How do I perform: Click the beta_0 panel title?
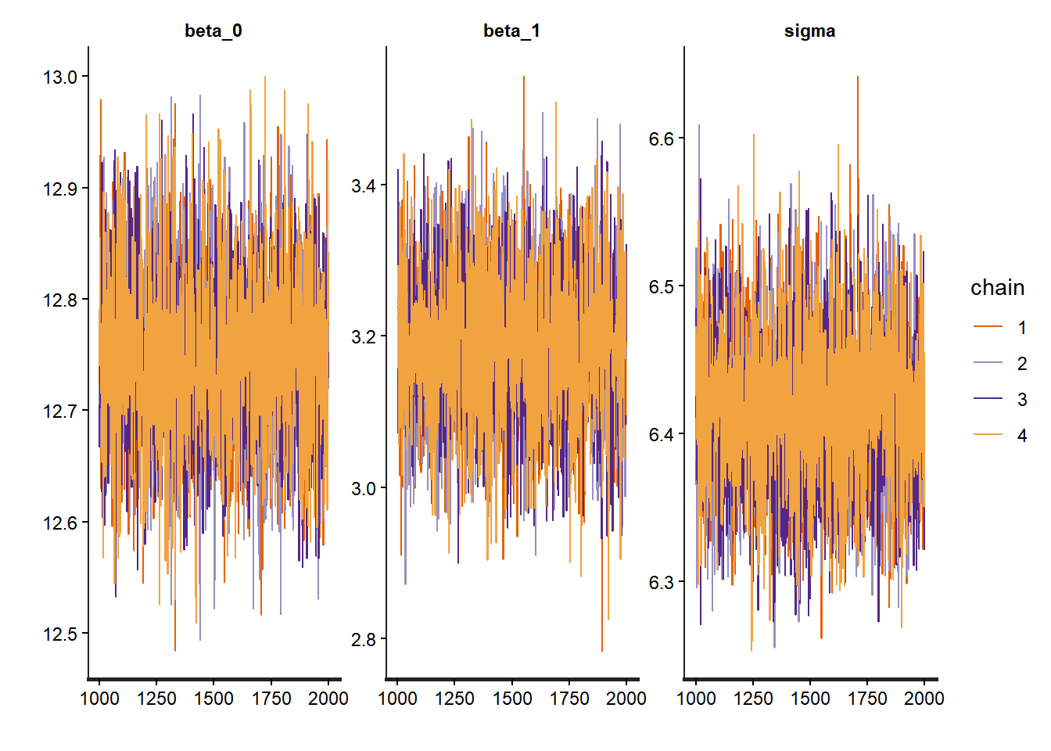tap(213, 31)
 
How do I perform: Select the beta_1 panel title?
tap(511, 31)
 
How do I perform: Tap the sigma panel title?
tap(809, 31)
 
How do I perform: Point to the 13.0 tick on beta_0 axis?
tap(60, 77)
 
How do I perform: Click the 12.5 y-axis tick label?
tap(60, 634)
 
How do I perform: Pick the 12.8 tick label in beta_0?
tap(60, 300)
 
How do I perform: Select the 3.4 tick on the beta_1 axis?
tap(363, 185)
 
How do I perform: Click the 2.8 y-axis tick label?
tap(363, 639)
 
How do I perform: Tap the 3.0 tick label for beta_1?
tap(363, 488)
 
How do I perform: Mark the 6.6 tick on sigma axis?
tap(661, 138)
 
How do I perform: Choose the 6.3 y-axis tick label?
tap(661, 583)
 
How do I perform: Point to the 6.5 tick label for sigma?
tap(661, 286)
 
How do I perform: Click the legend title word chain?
tap(997, 288)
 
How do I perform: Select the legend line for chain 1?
tap(988, 327)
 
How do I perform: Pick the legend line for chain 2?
tap(988, 363)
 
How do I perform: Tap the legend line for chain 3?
tap(988, 399)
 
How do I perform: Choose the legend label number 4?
tap(1022, 436)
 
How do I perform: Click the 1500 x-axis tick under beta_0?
tap(213, 699)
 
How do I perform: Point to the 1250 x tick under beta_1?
tap(454, 699)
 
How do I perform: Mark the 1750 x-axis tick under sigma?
tap(867, 699)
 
